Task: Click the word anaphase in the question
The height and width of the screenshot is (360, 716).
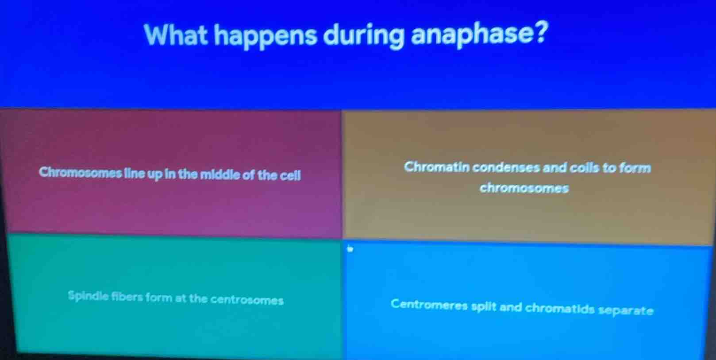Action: click(x=479, y=34)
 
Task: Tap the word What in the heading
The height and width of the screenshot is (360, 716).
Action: click(x=176, y=34)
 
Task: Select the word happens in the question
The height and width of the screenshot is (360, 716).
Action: click(x=266, y=35)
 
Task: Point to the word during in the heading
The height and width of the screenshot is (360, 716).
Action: click(x=363, y=35)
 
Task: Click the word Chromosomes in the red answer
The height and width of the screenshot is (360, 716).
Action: click(x=80, y=172)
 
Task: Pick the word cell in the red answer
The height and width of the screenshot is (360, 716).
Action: click(x=290, y=176)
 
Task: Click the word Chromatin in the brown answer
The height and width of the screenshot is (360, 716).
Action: click(x=430, y=167)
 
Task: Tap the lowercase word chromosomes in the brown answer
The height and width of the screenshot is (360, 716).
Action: click(x=524, y=188)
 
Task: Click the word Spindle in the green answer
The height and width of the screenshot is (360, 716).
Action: click(x=87, y=295)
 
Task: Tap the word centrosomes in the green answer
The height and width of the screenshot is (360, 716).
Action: click(x=247, y=300)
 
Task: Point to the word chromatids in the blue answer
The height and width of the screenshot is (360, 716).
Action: click(x=560, y=308)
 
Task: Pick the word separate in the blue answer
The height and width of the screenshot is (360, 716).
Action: click(x=626, y=310)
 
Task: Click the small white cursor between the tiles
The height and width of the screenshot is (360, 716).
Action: click(x=350, y=249)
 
